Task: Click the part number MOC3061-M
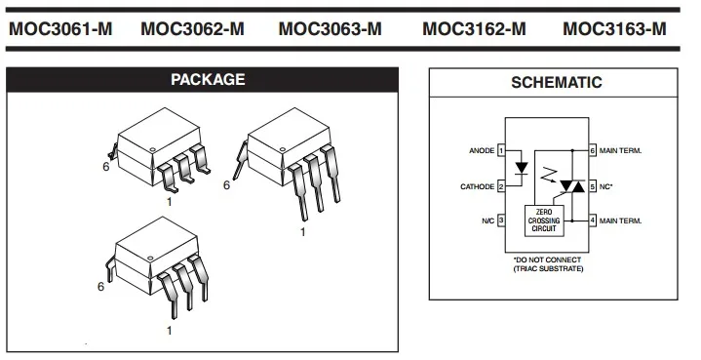coord(60,28)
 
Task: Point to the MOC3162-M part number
coord(474,28)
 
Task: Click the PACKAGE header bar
coord(208,79)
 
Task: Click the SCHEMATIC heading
coord(556,83)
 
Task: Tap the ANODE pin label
coord(481,151)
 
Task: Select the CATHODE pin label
coord(477,185)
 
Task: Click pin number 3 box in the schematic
coord(501,220)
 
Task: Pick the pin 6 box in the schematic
coord(592,151)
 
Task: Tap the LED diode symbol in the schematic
coord(521,168)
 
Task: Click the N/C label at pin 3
coord(487,220)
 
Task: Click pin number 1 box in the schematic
coord(501,151)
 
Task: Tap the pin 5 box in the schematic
coord(592,185)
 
